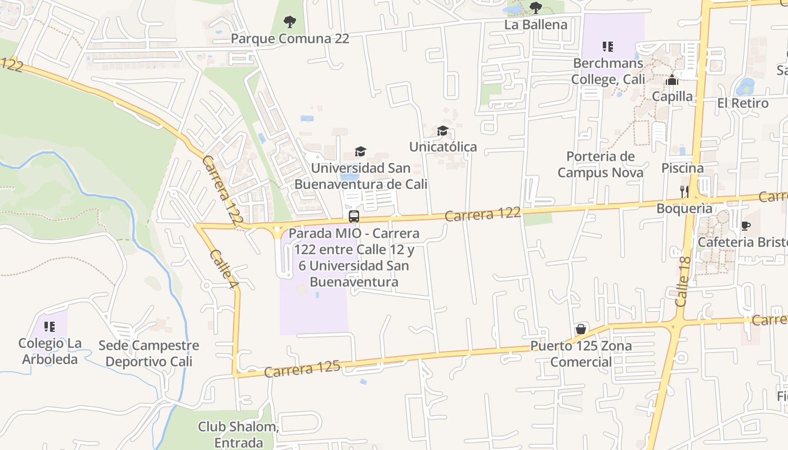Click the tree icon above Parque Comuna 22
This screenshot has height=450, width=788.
point(290,22)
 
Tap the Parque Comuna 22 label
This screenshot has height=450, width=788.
point(290,39)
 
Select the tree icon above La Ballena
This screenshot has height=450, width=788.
point(536,8)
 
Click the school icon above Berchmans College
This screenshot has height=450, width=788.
point(607,46)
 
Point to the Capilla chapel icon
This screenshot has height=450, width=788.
point(672,80)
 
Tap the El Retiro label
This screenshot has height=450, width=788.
point(742,103)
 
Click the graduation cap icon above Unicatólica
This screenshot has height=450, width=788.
point(443,131)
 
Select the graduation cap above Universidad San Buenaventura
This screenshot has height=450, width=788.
point(360,151)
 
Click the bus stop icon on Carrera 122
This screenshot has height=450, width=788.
point(354,216)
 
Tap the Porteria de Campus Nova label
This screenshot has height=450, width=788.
point(601,164)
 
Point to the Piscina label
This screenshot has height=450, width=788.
point(682,168)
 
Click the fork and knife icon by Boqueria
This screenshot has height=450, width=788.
point(684,191)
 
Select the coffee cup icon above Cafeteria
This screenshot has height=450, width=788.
point(746,226)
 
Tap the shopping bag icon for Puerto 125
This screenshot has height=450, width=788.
point(581,329)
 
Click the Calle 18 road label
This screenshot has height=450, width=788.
point(683,281)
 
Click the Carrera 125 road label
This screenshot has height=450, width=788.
point(302,368)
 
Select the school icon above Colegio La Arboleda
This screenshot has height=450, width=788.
point(50,327)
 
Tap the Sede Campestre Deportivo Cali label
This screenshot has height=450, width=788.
point(149,353)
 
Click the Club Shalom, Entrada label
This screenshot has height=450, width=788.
point(239,434)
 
